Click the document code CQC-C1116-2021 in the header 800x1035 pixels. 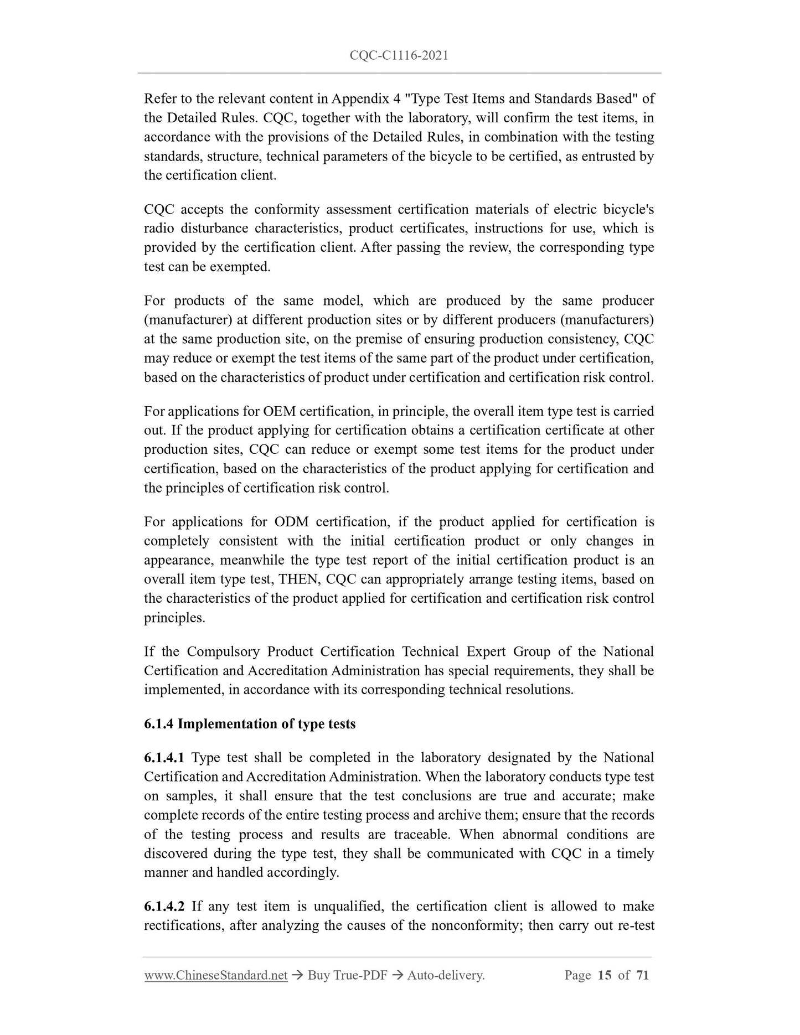pos(399,55)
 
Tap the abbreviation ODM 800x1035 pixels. pos(288,521)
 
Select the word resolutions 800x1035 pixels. pos(537,690)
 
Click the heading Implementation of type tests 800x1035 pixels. pos(266,723)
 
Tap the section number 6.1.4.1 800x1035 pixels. pos(164,757)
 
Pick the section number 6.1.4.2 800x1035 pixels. pos(164,906)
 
